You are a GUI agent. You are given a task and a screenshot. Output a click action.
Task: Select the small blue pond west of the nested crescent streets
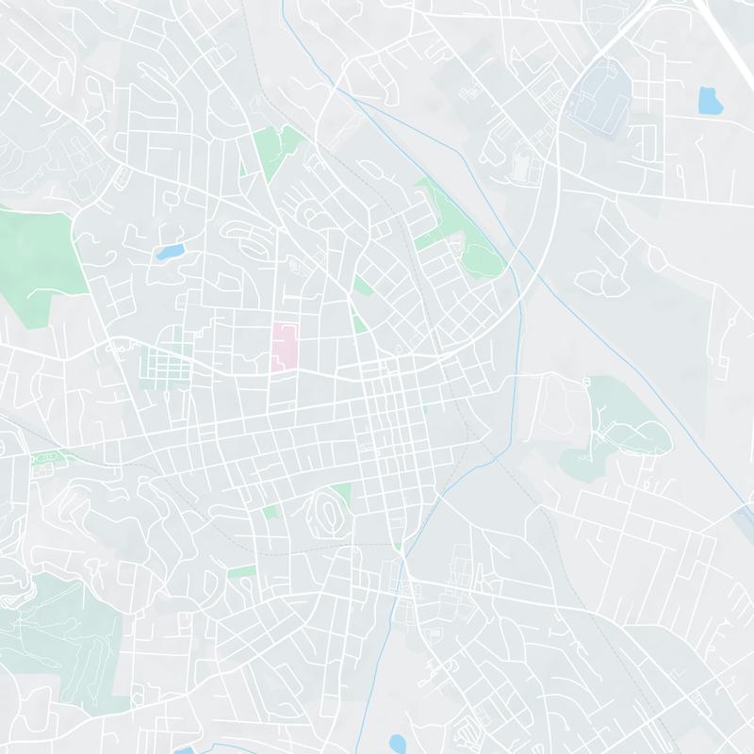pos(171,253)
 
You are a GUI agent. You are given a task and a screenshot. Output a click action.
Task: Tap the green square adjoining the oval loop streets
pos(341,493)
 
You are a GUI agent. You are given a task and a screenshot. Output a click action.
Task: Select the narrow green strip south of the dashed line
pos(241,571)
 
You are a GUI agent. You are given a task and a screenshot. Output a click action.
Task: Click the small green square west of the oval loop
pos(271,511)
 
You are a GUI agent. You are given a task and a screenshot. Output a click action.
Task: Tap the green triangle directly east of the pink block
pos(359,322)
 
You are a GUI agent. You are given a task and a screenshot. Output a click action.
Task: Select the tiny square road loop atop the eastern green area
pos(585,380)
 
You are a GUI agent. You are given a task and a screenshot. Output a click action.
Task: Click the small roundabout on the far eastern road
pos(731,321)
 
